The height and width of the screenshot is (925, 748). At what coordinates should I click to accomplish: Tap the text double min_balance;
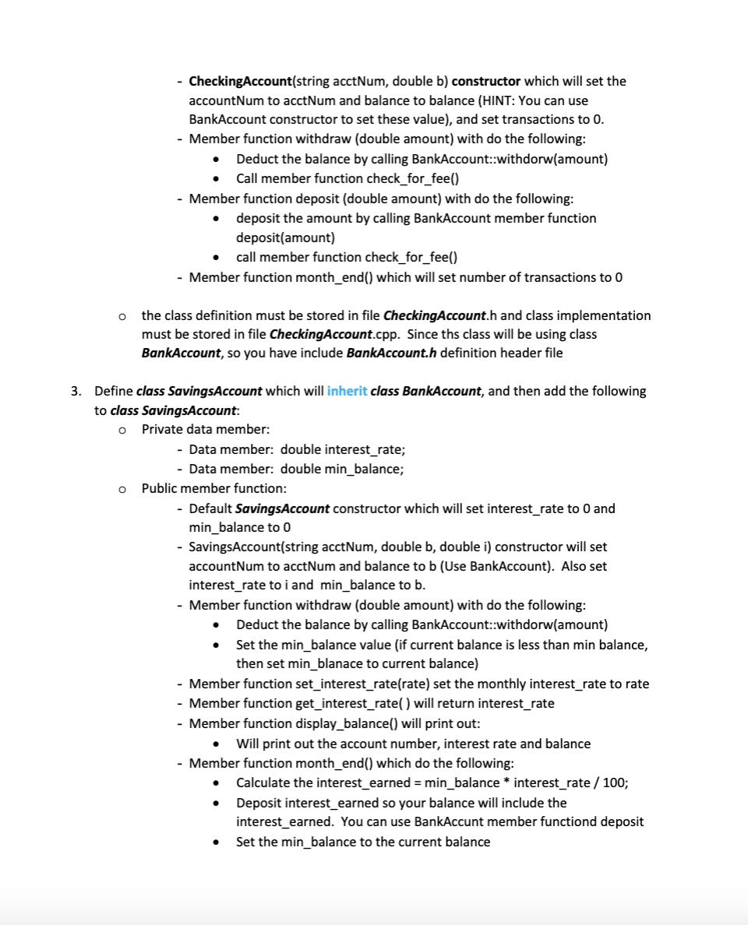pos(341,469)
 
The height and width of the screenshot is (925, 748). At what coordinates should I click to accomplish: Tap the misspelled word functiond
pos(615,821)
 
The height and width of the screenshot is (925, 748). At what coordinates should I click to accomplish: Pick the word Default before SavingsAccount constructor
pos(210,508)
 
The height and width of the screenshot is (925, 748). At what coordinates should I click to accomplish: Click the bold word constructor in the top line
pos(486,81)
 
